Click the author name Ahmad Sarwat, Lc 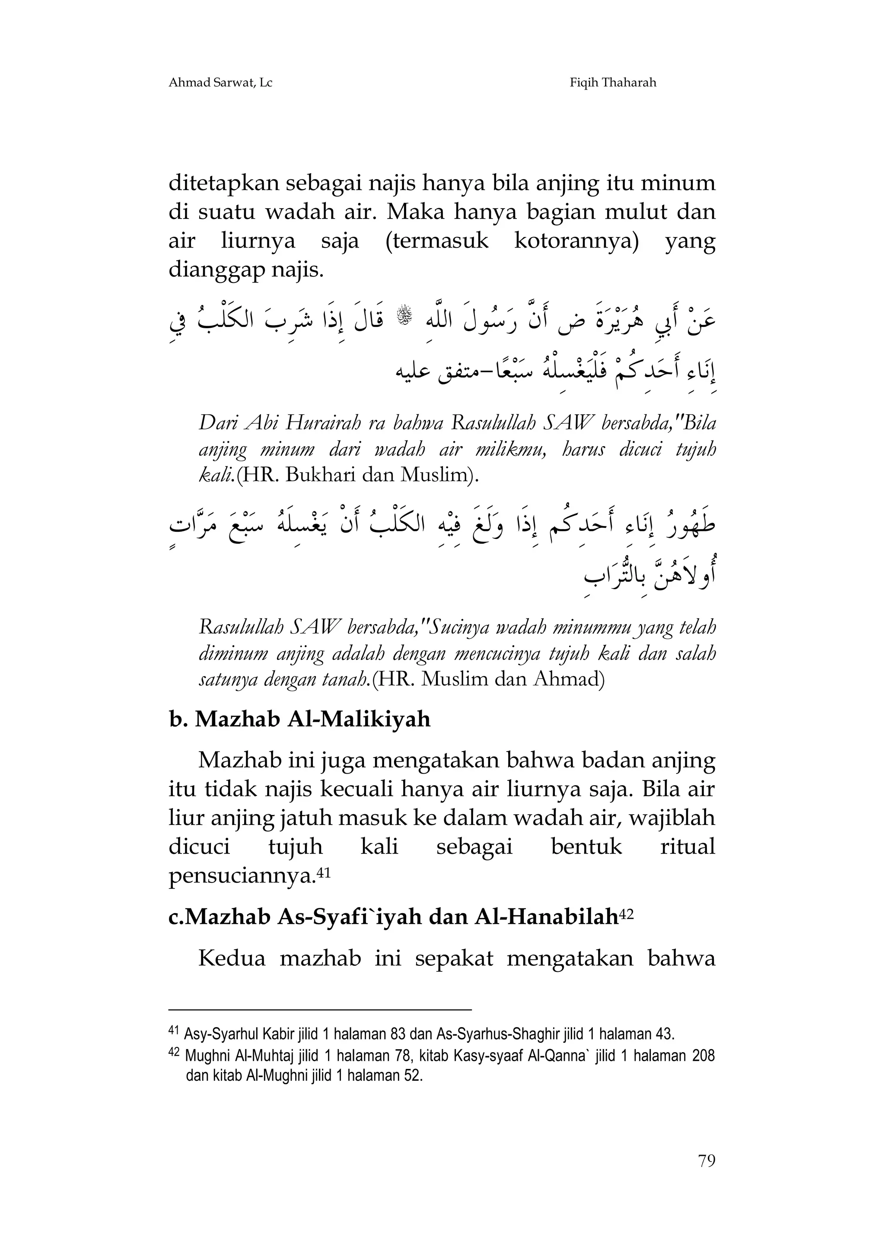point(220,83)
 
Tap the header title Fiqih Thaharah point(613,83)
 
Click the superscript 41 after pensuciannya point(324,872)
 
